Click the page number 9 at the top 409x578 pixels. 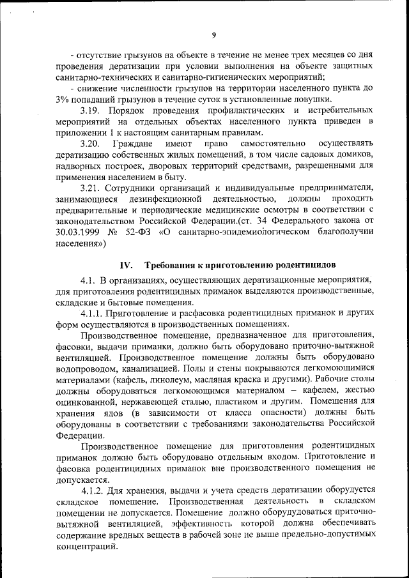(x=214, y=35)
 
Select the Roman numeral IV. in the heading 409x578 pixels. (x=125, y=265)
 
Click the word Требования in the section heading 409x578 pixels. (x=174, y=265)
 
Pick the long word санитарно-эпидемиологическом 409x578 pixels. (x=233, y=232)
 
